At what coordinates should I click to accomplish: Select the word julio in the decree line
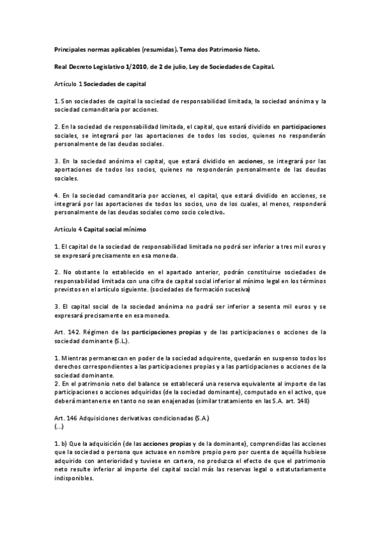point(180,66)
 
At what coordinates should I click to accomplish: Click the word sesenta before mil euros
point(274,306)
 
